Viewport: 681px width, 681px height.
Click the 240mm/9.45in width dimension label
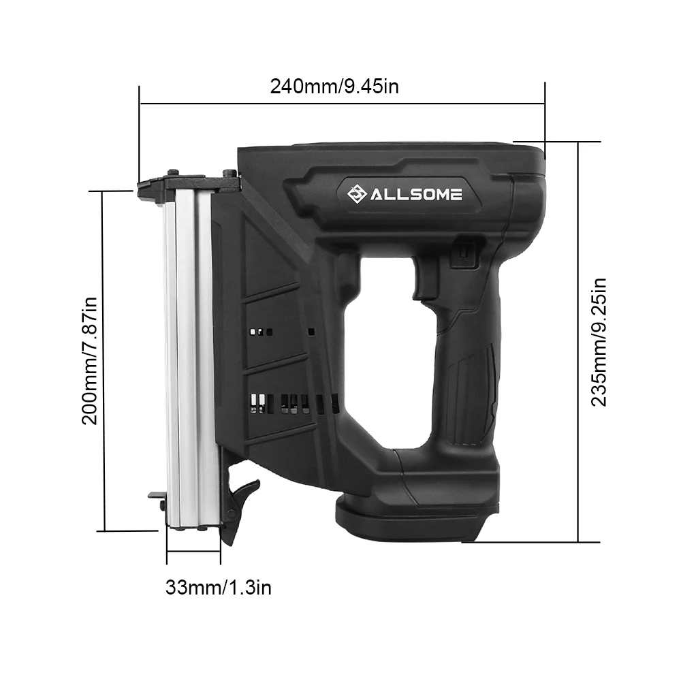click(334, 86)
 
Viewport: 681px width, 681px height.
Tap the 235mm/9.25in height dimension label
click(598, 341)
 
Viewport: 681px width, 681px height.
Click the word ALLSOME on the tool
click(417, 195)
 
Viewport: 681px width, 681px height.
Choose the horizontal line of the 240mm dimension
click(340, 104)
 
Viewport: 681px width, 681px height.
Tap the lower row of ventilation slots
click(293, 403)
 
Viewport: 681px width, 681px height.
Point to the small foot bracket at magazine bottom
click(157, 498)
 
